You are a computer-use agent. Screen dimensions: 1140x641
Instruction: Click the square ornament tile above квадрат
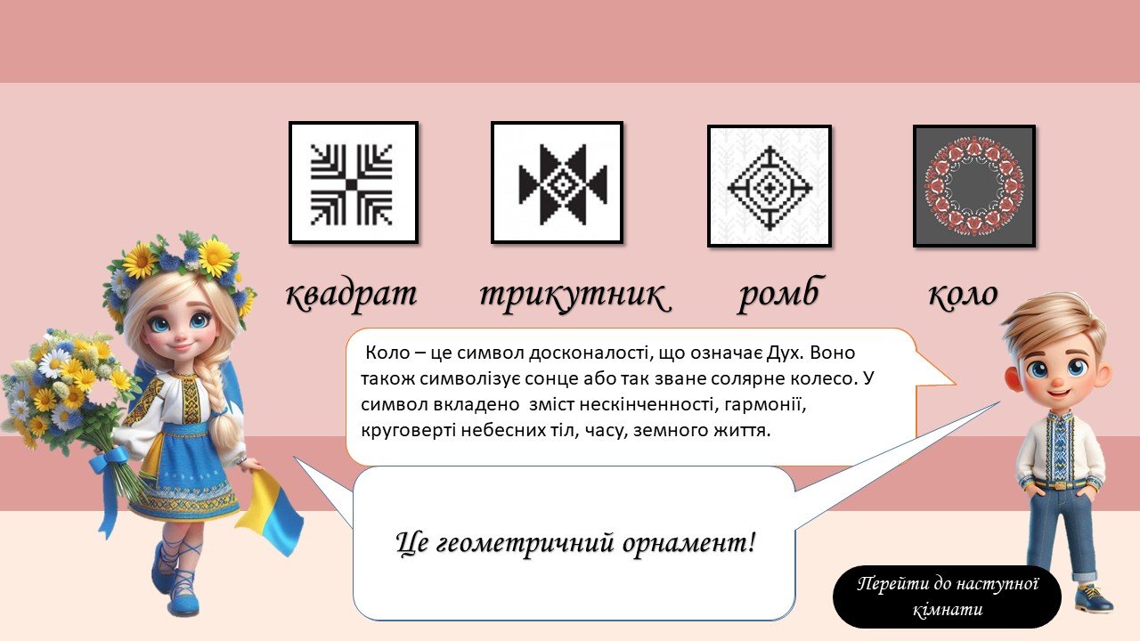tap(354, 183)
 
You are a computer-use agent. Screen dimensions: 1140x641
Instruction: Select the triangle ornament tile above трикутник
tap(557, 183)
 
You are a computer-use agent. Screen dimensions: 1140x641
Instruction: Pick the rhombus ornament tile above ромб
tap(769, 186)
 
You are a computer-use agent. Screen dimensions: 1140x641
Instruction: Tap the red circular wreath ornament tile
tap(974, 186)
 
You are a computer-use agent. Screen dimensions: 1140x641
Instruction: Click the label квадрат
tap(351, 294)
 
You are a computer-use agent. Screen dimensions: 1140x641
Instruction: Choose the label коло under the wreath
tap(963, 294)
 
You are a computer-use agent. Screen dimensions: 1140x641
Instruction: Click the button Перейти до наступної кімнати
tap(947, 596)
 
